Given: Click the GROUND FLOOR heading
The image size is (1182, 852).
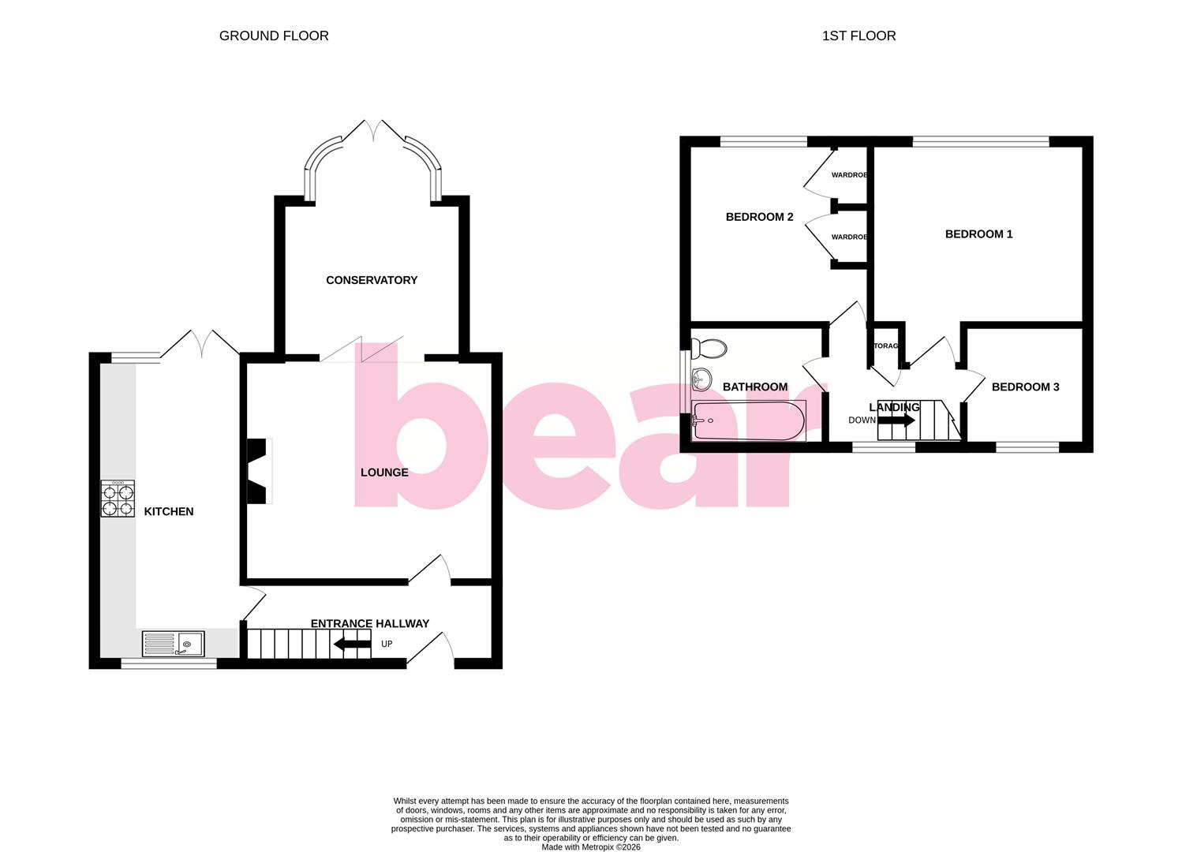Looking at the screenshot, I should pos(274,35).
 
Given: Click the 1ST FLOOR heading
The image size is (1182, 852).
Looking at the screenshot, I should pos(858,35).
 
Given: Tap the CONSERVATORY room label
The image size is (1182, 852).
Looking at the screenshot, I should pos(372,280).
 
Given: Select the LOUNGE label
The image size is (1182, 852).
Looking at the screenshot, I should pos(384,473).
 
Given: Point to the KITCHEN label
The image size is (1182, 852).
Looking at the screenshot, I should pos(169,511).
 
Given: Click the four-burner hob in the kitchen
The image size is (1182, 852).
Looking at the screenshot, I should pos(118,499).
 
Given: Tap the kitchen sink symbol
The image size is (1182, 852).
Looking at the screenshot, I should pos(174,644).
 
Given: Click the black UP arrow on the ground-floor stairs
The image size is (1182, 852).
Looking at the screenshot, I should pos(352,644).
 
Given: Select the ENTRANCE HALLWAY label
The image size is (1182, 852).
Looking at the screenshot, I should pos(370,623).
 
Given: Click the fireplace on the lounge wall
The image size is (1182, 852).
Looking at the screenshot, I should pos(260,471).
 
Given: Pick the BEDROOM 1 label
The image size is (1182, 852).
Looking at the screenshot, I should pos(978,234).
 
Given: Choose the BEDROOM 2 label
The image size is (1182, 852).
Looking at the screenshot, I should pos(759,217).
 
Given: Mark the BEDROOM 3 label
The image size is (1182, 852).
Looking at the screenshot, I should pos(1025,387).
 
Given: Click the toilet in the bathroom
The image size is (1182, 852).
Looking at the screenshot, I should pos(708,348).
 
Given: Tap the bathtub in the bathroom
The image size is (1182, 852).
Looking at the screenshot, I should pos(748,420).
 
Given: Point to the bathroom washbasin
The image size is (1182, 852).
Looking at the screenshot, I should pos(700,379).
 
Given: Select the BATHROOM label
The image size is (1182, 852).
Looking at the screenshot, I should pos(755,387).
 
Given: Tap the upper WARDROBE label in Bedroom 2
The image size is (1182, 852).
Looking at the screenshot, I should pos(849,174).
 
